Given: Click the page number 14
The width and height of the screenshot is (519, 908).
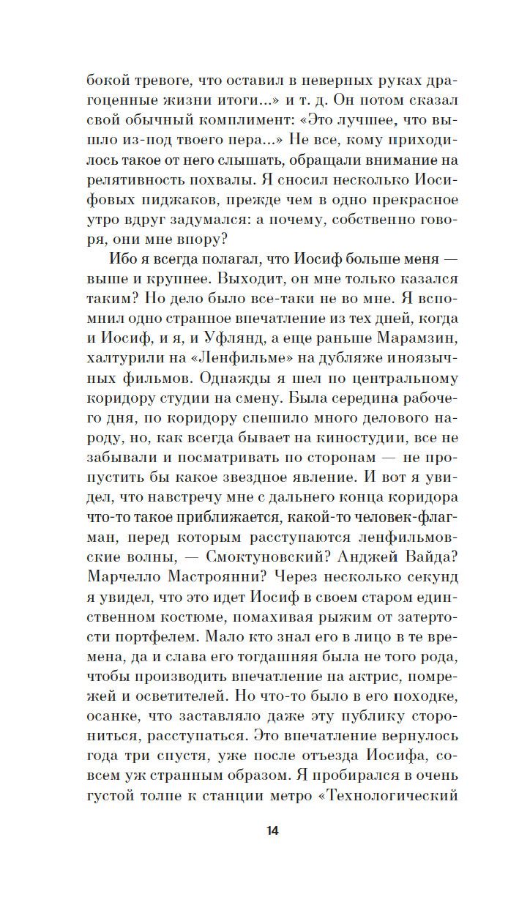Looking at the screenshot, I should [272, 831].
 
